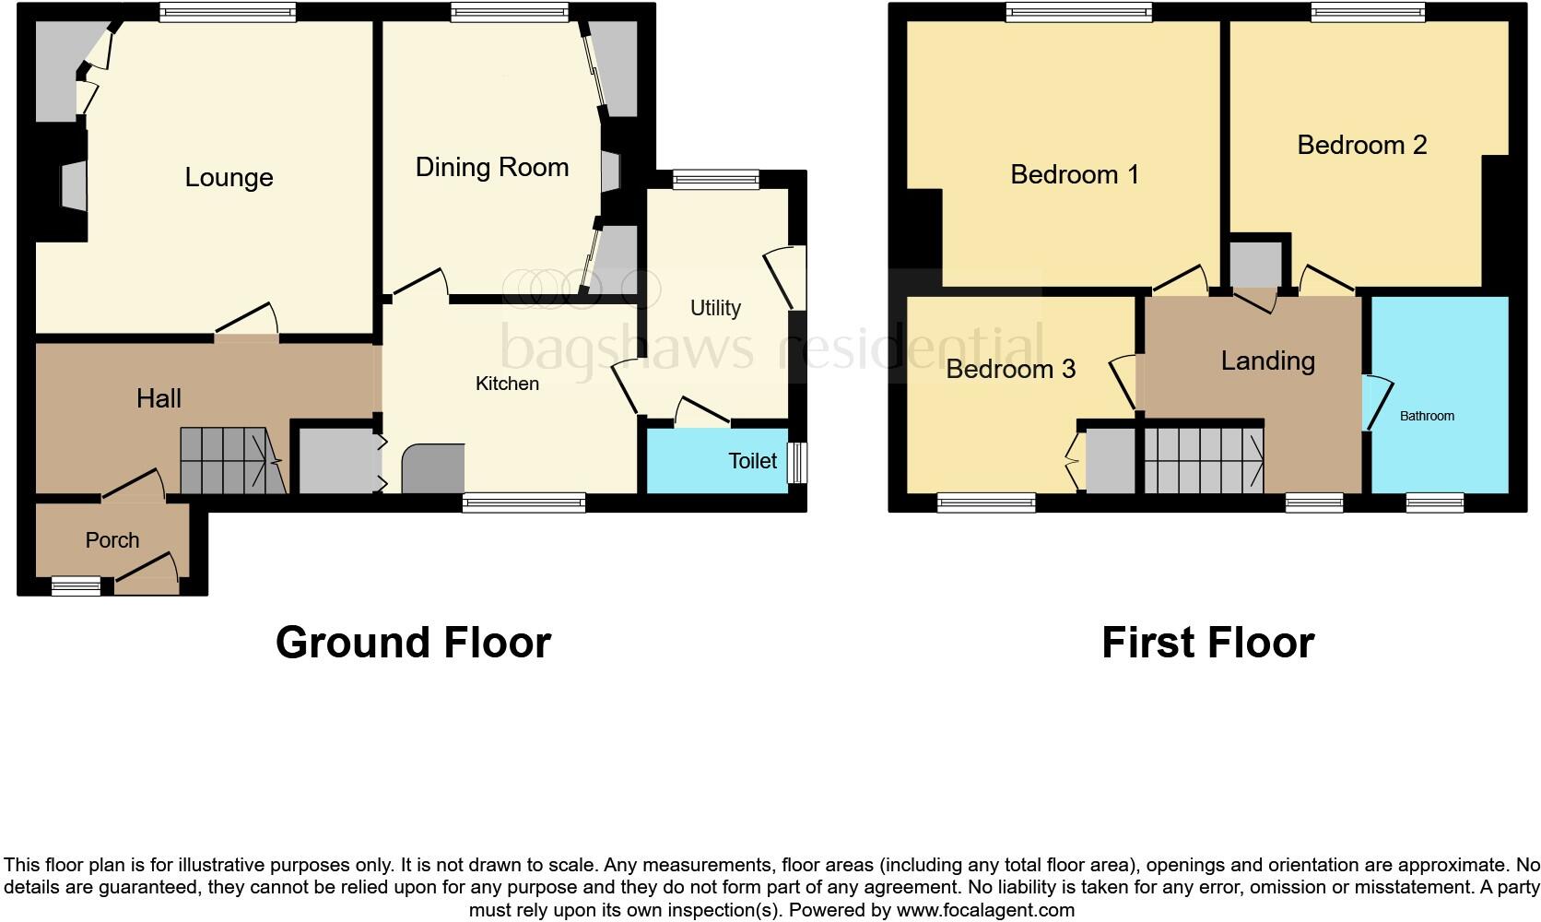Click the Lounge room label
[229, 177]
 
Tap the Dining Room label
[491, 167]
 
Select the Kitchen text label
[507, 384]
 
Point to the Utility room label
[715, 308]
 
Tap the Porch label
[112, 540]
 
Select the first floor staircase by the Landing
[1204, 459]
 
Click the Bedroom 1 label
[1075, 174]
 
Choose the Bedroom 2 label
[1361, 145]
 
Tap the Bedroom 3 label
[1010, 369]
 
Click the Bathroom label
[1427, 416]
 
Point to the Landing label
[1267, 361]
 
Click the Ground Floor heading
[413, 643]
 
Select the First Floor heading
[1207, 643]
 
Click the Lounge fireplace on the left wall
[74, 184]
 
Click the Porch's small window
[76, 585]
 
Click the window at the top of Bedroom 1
[1078, 12]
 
